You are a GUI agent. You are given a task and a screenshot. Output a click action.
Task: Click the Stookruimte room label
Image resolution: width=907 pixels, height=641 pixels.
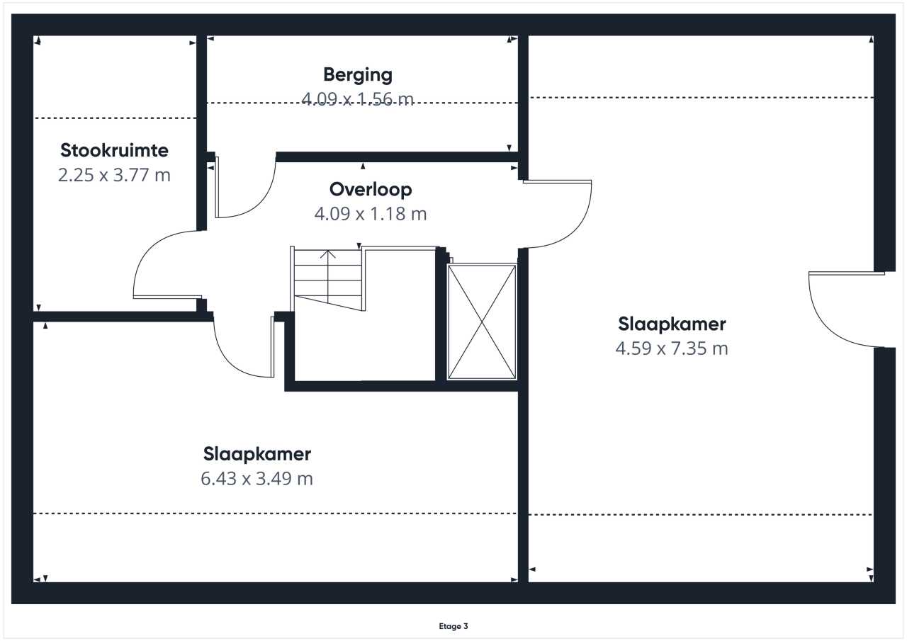pos(114,151)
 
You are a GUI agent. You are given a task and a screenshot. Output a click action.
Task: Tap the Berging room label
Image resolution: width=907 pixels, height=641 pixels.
pos(358,75)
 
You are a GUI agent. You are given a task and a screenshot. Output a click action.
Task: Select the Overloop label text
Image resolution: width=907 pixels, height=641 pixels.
pos(371,189)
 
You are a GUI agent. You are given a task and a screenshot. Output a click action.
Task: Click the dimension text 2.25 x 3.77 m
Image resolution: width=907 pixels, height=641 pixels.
pos(114,175)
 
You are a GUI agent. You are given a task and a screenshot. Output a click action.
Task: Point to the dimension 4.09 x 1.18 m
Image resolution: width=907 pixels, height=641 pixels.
pos(371,214)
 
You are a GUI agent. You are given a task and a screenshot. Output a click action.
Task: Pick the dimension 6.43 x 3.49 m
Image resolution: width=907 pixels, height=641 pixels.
pos(257,479)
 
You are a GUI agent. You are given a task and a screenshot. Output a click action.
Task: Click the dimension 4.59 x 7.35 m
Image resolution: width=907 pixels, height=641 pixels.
pos(672,348)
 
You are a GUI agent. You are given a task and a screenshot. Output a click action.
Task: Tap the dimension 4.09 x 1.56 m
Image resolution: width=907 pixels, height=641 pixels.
pos(358,99)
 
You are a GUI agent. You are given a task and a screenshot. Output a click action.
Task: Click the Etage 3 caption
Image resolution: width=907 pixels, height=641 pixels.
pos(453,626)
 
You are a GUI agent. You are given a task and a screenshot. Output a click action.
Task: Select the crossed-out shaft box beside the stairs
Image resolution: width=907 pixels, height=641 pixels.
pos(482,322)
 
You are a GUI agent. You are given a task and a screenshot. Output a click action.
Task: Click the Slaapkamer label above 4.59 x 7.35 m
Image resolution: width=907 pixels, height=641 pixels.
pos(672,324)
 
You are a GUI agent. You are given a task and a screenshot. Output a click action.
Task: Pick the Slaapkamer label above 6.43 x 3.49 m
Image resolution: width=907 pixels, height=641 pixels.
pos(257,454)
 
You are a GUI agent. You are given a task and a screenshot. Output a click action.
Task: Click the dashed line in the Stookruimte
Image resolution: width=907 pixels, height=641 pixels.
pos(116,118)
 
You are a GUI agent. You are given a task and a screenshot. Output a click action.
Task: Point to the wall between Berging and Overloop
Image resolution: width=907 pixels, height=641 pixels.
pos(397,157)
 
